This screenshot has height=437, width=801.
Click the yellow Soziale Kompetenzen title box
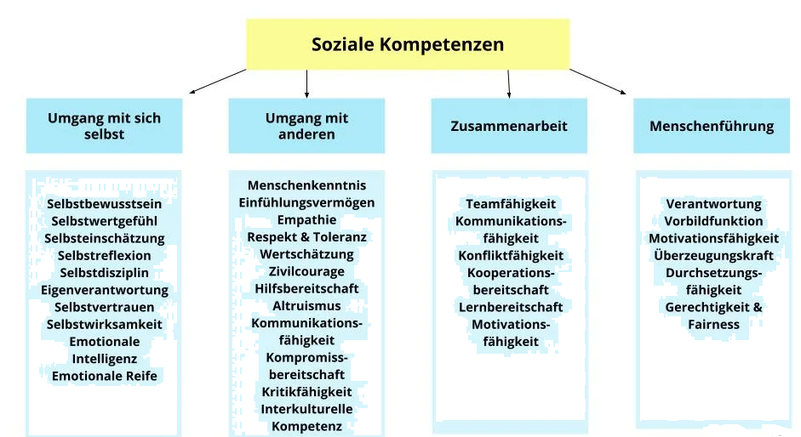click(x=408, y=44)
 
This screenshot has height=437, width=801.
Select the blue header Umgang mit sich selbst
click(x=104, y=126)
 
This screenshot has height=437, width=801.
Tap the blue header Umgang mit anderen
click(x=306, y=126)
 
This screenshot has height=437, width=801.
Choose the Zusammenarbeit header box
click(x=509, y=126)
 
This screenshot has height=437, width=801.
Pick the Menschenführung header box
click(x=712, y=126)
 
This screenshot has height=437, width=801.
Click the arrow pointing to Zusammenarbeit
click(x=508, y=83)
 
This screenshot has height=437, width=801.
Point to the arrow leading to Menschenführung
click(x=598, y=82)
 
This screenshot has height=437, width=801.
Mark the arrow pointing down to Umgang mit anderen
click(x=306, y=83)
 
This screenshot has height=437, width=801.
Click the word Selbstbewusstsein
click(x=104, y=204)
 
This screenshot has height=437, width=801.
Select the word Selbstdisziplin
click(x=104, y=273)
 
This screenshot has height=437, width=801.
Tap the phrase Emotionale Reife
click(x=104, y=376)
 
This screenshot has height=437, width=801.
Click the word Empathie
click(x=306, y=220)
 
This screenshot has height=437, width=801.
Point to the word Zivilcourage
click(x=306, y=271)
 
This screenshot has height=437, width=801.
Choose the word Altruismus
click(x=306, y=306)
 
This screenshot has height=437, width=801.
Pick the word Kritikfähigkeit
click(x=306, y=392)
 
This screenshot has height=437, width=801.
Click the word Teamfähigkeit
click(x=511, y=204)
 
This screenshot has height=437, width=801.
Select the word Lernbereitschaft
click(x=511, y=307)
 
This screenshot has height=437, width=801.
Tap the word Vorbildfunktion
click(x=713, y=221)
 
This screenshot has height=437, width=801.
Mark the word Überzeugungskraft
click(x=713, y=255)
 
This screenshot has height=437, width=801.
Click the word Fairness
click(x=713, y=324)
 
